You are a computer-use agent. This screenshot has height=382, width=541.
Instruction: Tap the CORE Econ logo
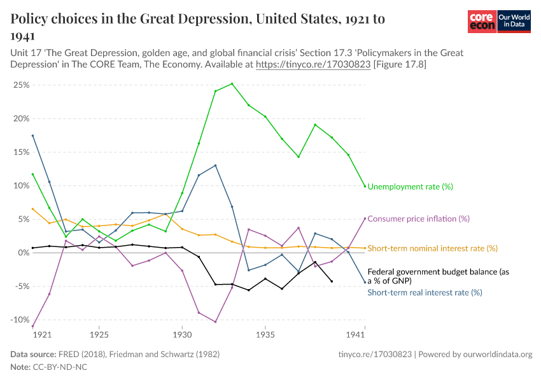click(482, 22)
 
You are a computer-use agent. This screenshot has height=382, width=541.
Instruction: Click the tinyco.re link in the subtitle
click(313, 64)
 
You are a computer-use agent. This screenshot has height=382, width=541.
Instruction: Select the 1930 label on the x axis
click(182, 334)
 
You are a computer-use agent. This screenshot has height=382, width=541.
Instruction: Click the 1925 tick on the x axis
click(99, 334)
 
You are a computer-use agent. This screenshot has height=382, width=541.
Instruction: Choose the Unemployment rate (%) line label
click(410, 187)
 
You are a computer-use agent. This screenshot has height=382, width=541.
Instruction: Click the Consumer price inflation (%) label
click(418, 218)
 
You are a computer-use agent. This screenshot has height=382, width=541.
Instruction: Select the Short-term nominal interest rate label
click(433, 248)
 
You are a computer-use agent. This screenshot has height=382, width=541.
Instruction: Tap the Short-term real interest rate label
click(425, 293)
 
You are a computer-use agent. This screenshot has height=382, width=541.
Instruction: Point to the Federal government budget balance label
click(439, 276)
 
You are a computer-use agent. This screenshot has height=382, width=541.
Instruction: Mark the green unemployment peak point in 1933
click(232, 83)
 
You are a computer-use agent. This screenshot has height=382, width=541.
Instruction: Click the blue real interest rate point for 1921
click(32, 136)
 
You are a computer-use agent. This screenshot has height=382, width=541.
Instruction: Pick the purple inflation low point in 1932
click(215, 322)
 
